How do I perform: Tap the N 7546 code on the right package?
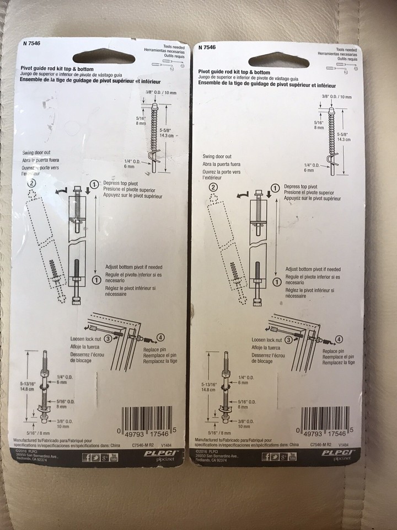click(x=207, y=48)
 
